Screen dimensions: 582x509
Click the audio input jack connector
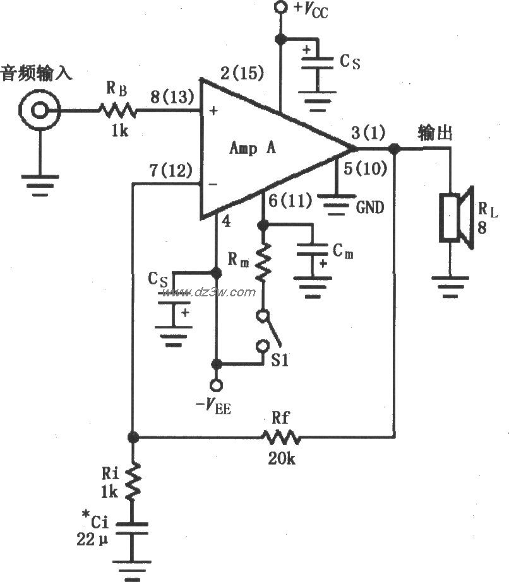40,111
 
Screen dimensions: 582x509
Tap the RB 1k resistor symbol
117,111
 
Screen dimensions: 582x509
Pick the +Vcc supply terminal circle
280,8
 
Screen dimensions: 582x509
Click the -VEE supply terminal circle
216,385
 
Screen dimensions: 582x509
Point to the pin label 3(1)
366,134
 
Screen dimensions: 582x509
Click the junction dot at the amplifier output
395,149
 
